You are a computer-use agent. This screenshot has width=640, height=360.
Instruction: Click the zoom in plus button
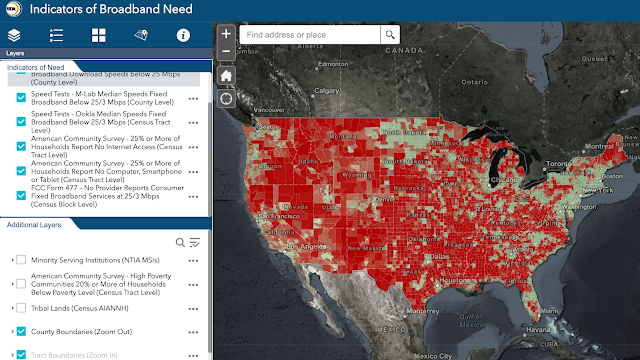(x=227, y=33)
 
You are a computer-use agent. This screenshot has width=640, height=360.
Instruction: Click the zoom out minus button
(x=227, y=50)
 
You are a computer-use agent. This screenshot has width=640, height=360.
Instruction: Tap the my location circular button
(x=227, y=98)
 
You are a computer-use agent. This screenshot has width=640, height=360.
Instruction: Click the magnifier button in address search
(x=389, y=34)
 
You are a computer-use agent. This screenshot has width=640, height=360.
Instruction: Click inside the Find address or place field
(x=310, y=34)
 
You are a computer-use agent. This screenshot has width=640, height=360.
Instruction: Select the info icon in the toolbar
(x=183, y=35)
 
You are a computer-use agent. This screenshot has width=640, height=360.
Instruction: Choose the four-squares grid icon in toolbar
(x=99, y=35)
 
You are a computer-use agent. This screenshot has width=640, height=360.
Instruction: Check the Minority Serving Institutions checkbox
(x=21, y=260)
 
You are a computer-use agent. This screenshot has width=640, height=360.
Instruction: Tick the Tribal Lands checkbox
(x=21, y=308)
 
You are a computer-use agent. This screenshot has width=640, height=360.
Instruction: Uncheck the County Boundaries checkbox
(x=21, y=331)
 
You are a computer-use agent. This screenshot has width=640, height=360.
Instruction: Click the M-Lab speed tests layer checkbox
(x=21, y=98)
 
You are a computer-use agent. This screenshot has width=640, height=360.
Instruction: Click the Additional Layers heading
(x=35, y=225)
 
